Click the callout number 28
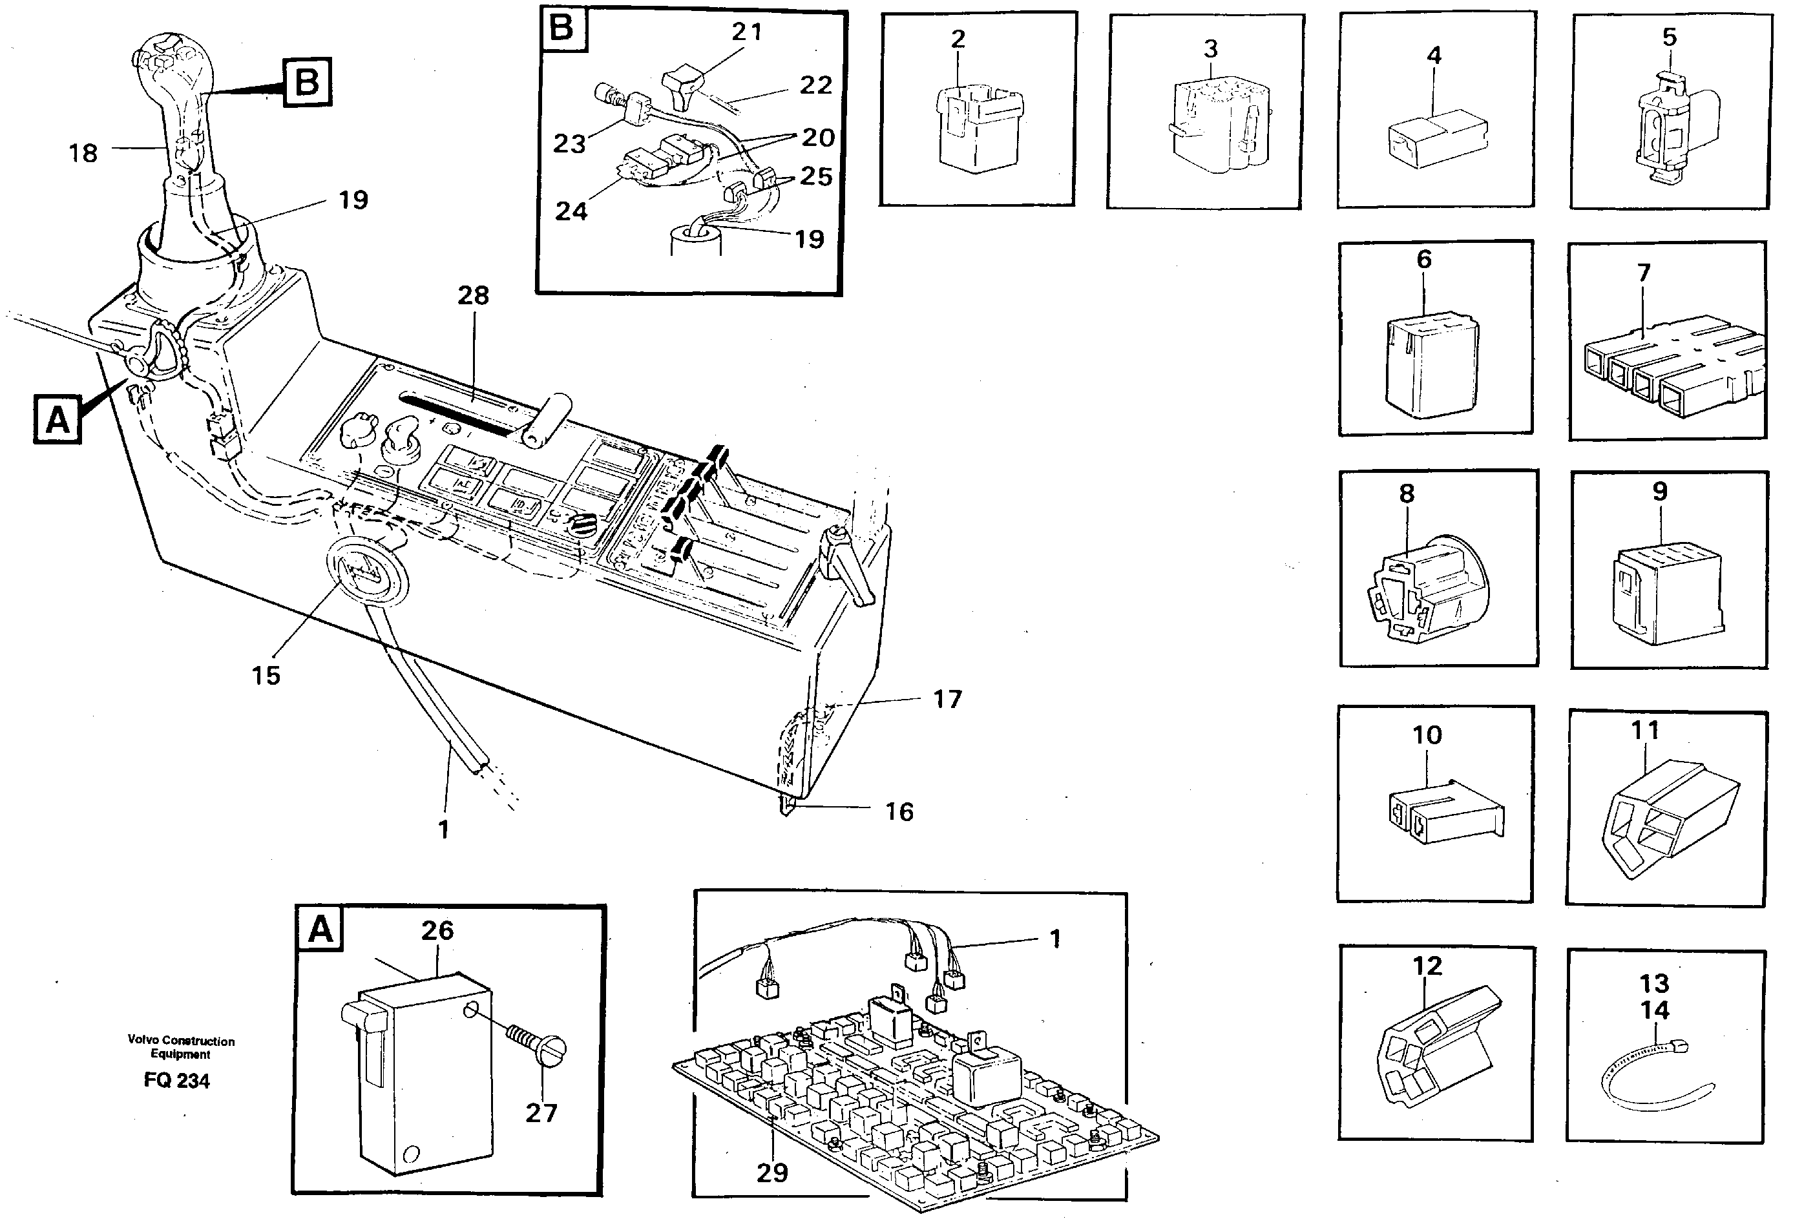[473, 295]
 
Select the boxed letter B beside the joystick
[307, 82]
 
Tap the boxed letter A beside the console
[57, 421]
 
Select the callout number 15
[266, 675]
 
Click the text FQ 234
[176, 1081]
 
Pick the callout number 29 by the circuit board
[771, 1172]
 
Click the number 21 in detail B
[746, 32]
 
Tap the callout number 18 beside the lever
[83, 152]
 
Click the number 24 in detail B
[571, 211]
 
